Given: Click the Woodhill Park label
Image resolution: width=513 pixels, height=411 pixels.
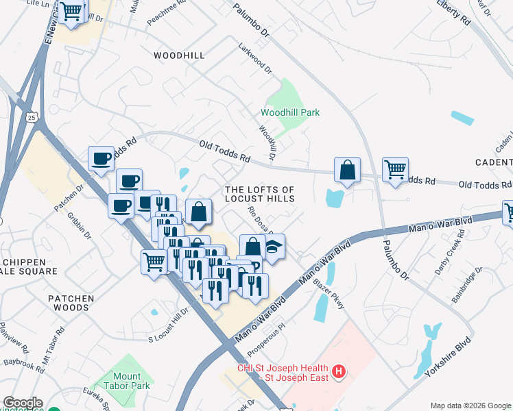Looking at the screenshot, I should tap(290, 112).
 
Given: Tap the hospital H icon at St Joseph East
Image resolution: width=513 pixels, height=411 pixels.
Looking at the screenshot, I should tap(337, 373).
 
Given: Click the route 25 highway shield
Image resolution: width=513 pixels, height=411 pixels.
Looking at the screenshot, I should tap(32, 118).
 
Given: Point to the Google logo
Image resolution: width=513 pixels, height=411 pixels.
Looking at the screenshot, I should tap(23, 403).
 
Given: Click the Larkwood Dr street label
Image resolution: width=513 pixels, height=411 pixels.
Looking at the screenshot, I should tap(255, 59).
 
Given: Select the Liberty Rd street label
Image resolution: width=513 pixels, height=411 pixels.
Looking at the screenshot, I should tap(453, 12).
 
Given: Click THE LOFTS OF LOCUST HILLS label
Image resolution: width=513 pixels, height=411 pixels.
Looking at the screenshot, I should tap(260, 194).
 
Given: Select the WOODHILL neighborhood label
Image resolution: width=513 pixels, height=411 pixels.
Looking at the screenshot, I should tap(178, 55).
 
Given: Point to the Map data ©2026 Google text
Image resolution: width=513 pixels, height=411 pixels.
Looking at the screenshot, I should tap(470, 405).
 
